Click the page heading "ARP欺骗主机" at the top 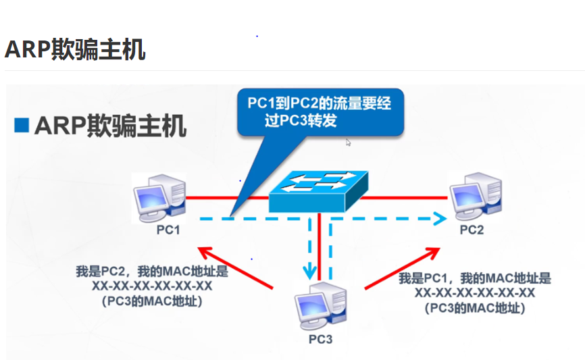tap(75, 49)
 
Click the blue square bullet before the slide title tap(22, 125)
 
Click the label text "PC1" tap(168, 230)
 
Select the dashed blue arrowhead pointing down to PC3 tap(310, 274)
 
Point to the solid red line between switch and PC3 tap(318, 243)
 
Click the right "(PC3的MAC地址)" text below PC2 tap(475, 308)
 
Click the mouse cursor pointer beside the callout tap(349, 143)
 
